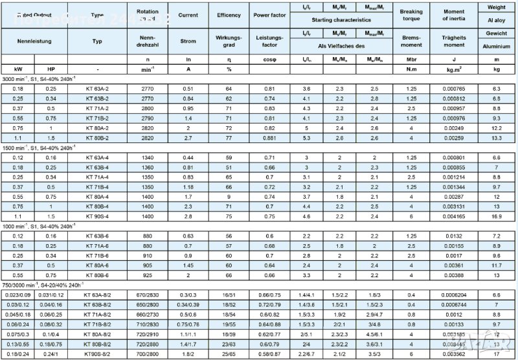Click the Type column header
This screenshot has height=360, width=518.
pyautogui.click(x=98, y=14)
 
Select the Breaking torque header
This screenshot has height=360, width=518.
pyautogui.click(x=411, y=15)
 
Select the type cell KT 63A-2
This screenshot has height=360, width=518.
pyautogui.click(x=98, y=88)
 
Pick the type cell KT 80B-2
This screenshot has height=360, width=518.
pyautogui.click(x=98, y=138)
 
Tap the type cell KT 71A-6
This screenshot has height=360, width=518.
pyautogui.click(x=98, y=246)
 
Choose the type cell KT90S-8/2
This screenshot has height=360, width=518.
pyautogui.click(x=98, y=354)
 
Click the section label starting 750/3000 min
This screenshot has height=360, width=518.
pyautogui.click(x=43, y=285)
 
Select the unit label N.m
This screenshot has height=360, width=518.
pyautogui.click(x=411, y=68)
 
